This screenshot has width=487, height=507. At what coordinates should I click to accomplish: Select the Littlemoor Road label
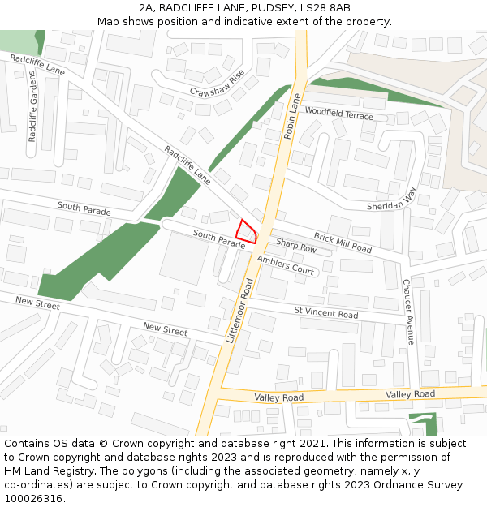coord(241,311)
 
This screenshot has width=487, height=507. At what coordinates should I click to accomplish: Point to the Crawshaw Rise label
coord(217,84)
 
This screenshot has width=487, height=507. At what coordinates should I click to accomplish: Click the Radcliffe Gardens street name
coord(32,106)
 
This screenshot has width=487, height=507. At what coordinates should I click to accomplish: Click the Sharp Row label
coord(296,244)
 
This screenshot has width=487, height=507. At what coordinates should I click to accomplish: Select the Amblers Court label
coord(285,264)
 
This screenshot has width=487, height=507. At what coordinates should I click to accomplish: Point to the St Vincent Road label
coord(325,312)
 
